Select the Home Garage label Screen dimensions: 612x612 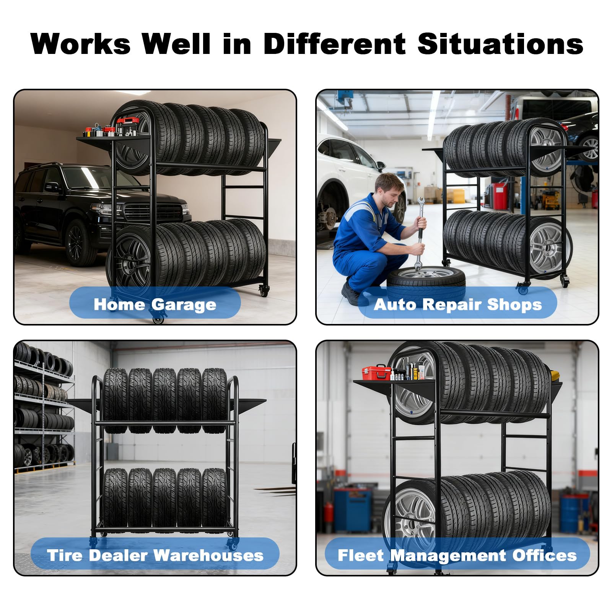tap(155, 305)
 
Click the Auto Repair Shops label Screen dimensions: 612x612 tap(458, 304)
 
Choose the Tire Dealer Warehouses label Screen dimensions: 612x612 tap(155, 555)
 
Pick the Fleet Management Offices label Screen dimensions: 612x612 tap(457, 555)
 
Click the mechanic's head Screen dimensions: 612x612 tap(389, 190)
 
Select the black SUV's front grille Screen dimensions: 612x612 tap(154, 212)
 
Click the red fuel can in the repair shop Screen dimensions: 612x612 tap(500, 195)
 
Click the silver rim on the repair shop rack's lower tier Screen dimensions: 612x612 tap(548, 245)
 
